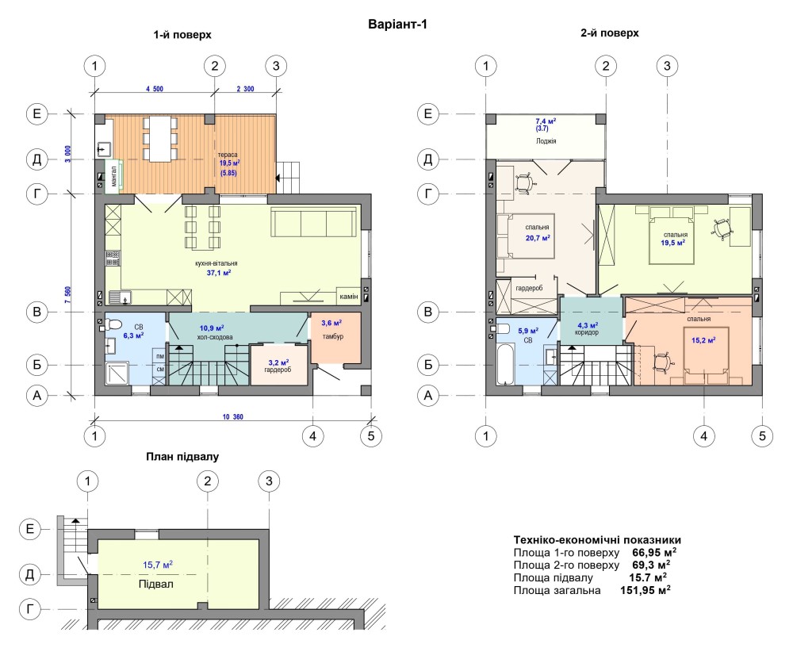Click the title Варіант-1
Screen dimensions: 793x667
click(x=397, y=25)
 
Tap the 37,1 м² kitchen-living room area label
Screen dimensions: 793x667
click(x=219, y=273)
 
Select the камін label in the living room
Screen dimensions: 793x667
click(x=348, y=297)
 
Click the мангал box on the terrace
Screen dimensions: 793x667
click(x=113, y=177)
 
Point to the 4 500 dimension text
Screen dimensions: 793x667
click(x=155, y=89)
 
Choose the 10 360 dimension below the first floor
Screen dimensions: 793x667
click(x=232, y=417)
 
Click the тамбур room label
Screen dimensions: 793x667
click(x=333, y=336)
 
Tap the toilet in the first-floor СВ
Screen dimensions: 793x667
click(x=113, y=324)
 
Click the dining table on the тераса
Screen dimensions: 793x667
click(x=160, y=139)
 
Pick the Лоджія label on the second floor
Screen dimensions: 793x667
click(x=546, y=141)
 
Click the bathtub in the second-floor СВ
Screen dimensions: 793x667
click(x=504, y=364)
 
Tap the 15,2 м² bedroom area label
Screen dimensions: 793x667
click(x=703, y=340)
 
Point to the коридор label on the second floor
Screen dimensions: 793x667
click(x=587, y=333)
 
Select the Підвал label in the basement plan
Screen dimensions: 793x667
click(x=155, y=584)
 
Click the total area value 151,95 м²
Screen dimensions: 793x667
click(x=646, y=590)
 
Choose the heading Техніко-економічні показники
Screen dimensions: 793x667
click(x=597, y=539)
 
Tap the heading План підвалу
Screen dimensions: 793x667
click(x=182, y=457)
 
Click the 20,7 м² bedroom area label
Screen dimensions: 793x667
click(x=538, y=238)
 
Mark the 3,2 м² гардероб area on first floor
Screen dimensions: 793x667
click(x=278, y=362)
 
